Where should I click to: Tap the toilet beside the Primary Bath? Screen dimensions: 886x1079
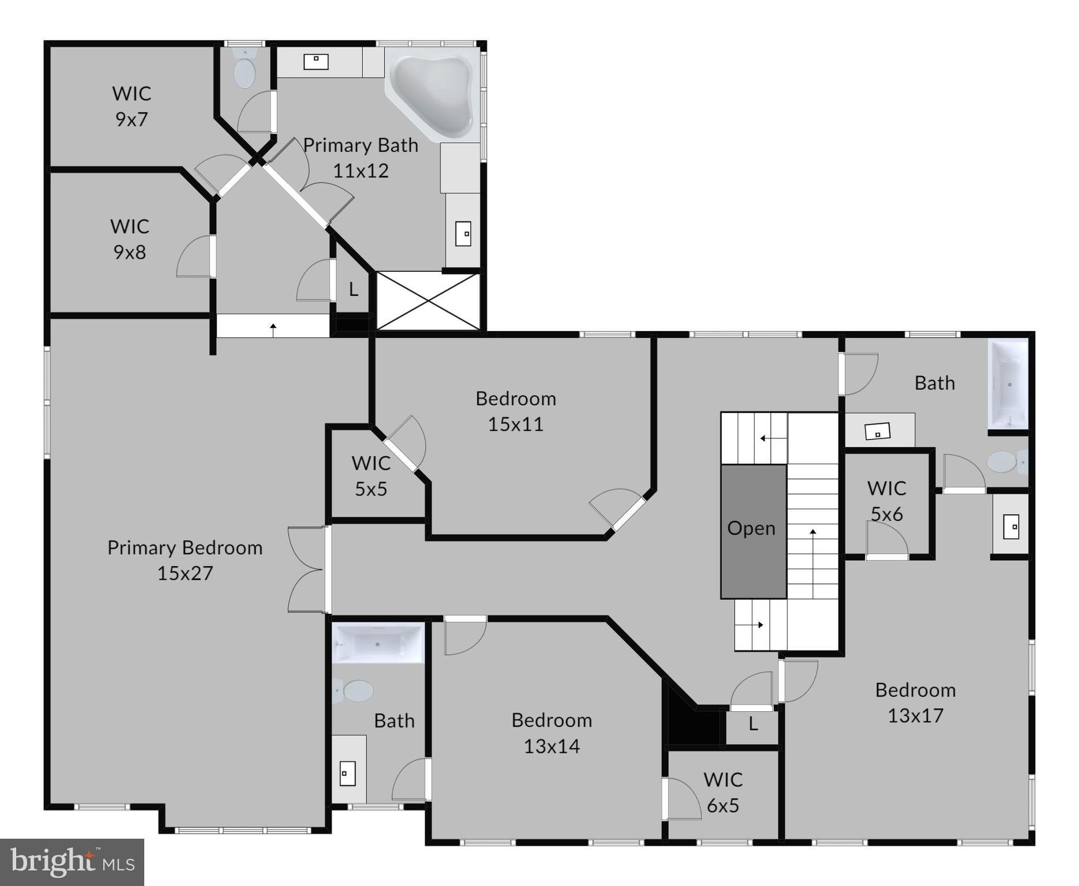[245, 69]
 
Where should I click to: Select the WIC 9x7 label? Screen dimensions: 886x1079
[132, 106]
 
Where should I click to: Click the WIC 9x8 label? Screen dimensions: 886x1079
[130, 239]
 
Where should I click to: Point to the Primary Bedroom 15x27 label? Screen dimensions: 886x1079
[185, 560]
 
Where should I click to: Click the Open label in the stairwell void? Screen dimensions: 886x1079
[751, 528]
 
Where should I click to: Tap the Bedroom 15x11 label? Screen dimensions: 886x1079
[516, 411]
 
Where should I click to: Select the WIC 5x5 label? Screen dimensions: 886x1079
[370, 476]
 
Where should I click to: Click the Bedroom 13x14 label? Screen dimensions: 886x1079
[552, 733]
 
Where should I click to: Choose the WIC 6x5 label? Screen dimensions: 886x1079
[723, 792]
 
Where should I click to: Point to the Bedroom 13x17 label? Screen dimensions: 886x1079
[916, 702]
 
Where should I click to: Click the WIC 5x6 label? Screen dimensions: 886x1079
[886, 501]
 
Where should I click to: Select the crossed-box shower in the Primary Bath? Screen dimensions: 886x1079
[428, 301]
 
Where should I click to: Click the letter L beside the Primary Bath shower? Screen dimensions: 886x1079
[354, 289]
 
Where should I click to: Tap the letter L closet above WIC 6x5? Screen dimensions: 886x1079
[753, 724]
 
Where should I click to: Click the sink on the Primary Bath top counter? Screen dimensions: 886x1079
[316, 61]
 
